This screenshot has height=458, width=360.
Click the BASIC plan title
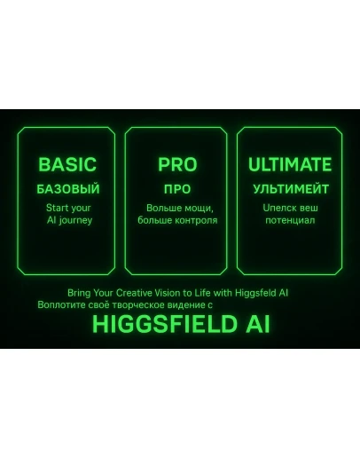(67, 165)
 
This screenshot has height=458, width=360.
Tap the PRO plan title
(177, 165)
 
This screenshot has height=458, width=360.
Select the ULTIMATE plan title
(290, 165)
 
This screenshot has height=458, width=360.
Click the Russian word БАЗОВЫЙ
(68, 189)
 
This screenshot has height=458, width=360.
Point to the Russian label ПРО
(177, 189)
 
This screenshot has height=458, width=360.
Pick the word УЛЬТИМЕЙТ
(290, 189)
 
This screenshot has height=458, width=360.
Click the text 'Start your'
(68, 208)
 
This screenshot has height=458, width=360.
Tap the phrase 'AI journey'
(68, 219)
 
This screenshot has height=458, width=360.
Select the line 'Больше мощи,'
(177, 208)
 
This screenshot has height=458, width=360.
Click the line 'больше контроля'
(177, 219)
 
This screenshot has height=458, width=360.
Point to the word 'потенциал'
(290, 219)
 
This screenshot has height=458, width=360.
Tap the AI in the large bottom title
(254, 324)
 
